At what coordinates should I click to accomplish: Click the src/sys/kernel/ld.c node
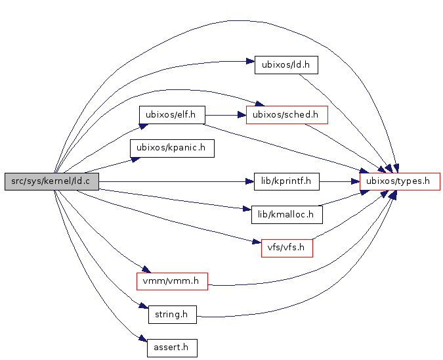(x=51, y=182)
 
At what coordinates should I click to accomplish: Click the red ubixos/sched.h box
(x=286, y=114)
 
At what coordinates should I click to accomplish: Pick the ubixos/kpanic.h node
(x=172, y=148)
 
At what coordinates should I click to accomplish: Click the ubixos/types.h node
(x=400, y=181)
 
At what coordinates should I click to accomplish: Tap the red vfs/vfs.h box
(x=286, y=248)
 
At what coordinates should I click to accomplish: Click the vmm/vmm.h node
(x=172, y=281)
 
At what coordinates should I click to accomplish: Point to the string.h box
(x=172, y=315)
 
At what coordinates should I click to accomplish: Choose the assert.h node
(x=172, y=348)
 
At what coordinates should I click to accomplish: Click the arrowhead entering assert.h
(x=142, y=339)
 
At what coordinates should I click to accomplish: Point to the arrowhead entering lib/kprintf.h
(x=250, y=181)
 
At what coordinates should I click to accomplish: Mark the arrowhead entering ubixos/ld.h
(x=250, y=62)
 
